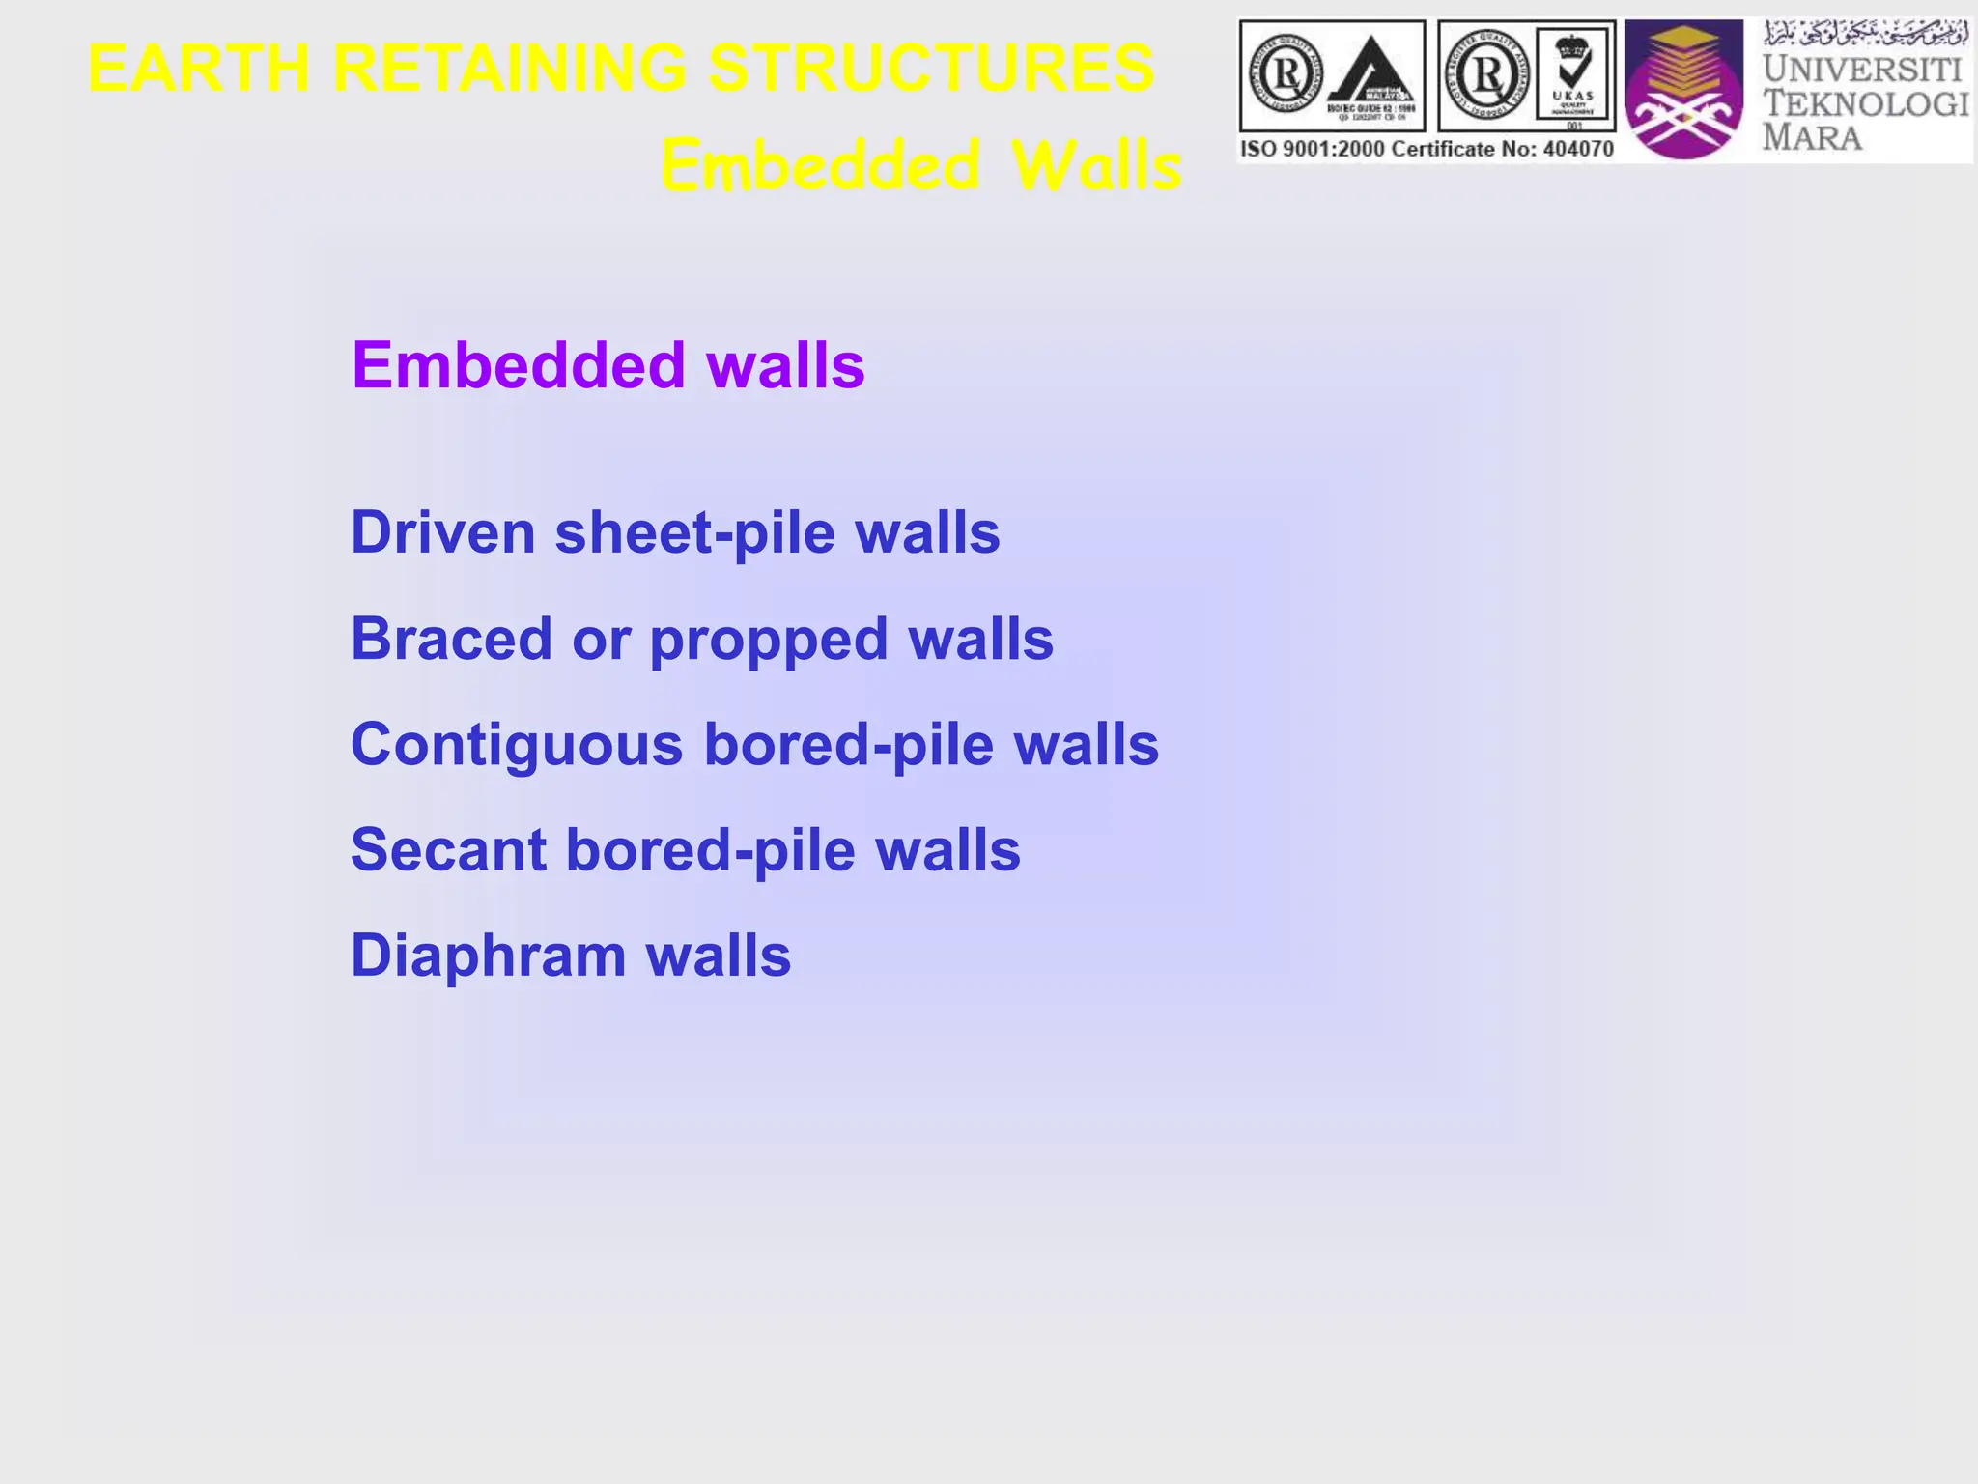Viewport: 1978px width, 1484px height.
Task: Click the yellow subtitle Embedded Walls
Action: click(x=920, y=165)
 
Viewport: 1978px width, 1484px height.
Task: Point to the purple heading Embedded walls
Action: click(x=608, y=365)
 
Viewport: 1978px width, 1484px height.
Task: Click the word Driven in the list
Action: click(x=442, y=532)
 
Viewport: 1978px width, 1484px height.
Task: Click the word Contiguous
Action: click(x=517, y=745)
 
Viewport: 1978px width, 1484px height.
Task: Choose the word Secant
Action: click(x=448, y=850)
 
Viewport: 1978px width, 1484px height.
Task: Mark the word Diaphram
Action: click(x=488, y=956)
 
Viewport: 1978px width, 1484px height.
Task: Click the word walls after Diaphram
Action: click(x=719, y=956)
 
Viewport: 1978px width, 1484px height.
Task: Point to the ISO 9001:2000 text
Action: click(x=1313, y=149)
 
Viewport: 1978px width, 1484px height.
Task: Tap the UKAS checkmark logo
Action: click(x=1573, y=74)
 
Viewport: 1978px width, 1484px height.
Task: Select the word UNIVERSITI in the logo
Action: click(x=1861, y=70)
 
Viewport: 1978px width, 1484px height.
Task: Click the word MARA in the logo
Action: click(x=1812, y=137)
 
